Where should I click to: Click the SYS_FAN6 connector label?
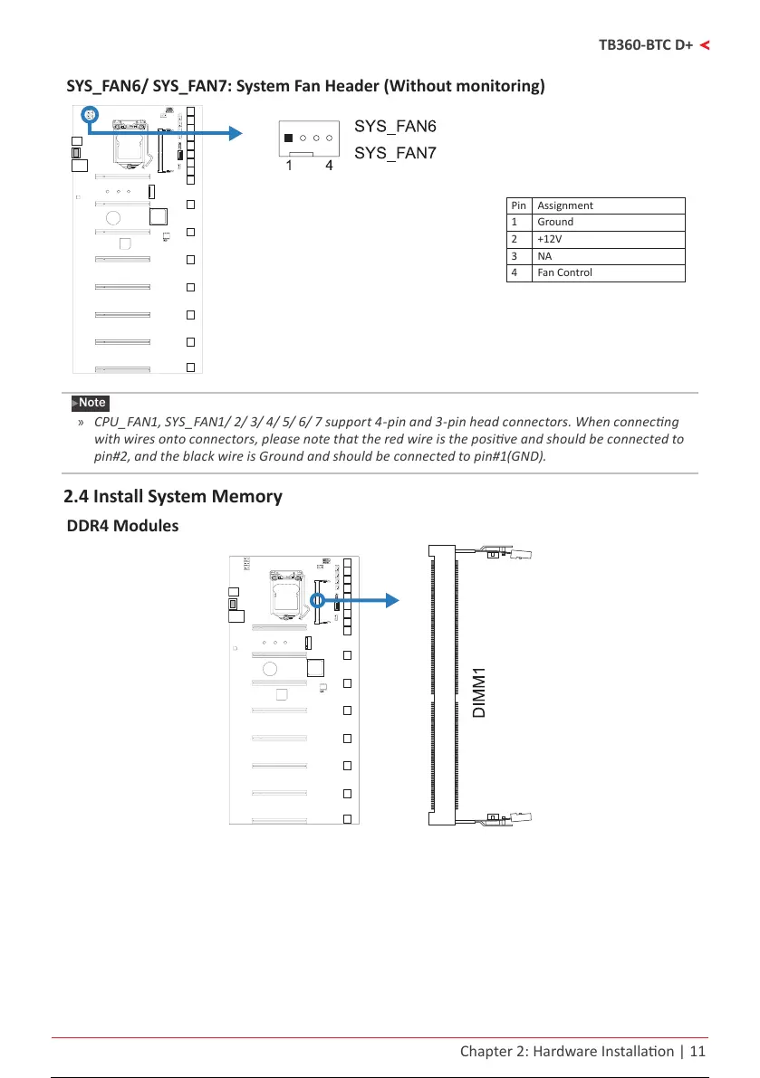395,125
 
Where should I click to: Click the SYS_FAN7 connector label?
395,153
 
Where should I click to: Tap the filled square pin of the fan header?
288,138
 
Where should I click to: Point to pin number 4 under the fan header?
329,167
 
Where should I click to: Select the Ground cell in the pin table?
555,222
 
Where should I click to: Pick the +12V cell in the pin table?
549,239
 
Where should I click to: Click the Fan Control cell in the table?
564,272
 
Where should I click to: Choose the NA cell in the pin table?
544,256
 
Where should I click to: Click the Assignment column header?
565,205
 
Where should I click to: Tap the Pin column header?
519,205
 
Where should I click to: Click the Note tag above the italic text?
91,403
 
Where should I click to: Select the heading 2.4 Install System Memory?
173,496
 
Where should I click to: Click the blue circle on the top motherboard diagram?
89,115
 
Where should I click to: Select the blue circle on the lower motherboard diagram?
318,600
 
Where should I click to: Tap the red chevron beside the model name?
704,44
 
